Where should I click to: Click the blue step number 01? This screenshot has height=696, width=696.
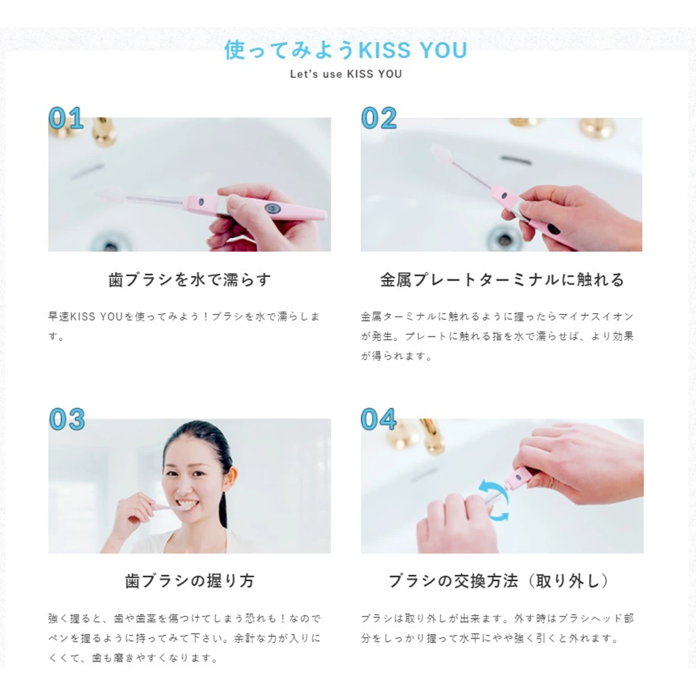pyautogui.click(x=66, y=118)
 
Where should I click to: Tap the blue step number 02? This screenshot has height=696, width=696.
pyautogui.click(x=379, y=118)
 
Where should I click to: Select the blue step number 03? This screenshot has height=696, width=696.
pyautogui.click(x=67, y=419)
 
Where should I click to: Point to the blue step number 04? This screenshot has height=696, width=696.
pyautogui.click(x=379, y=419)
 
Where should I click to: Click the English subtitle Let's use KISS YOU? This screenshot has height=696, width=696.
pyautogui.click(x=346, y=74)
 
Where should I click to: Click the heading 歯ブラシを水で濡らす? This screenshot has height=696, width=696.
pyautogui.click(x=189, y=280)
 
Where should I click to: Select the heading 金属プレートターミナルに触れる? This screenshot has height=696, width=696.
pyautogui.click(x=502, y=280)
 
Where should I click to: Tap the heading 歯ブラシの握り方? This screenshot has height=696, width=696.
pyautogui.click(x=189, y=581)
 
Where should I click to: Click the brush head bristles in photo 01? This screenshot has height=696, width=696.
pyautogui.click(x=111, y=195)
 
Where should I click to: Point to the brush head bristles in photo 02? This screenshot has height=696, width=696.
pyautogui.click(x=442, y=153)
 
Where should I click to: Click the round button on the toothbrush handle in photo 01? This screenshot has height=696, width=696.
pyautogui.click(x=272, y=208)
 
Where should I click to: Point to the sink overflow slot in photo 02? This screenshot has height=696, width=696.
pyautogui.click(x=516, y=160)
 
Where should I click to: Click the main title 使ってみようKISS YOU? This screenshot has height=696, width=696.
pyautogui.click(x=346, y=49)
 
